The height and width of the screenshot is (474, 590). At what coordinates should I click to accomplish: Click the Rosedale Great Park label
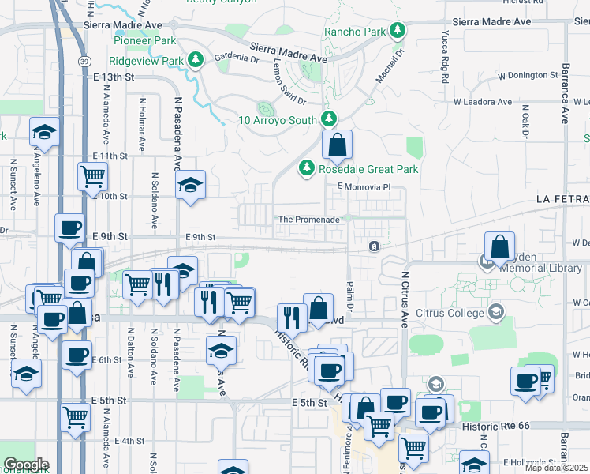click(368, 169)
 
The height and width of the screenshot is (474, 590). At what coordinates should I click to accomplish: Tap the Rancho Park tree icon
click(398, 32)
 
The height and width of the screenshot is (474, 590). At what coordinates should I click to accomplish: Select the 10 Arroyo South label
click(278, 121)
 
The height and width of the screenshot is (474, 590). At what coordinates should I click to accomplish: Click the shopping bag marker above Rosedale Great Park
click(337, 145)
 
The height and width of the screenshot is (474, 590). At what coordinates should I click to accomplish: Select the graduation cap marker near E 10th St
click(189, 186)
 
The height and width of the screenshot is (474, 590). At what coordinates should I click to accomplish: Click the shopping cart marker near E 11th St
click(93, 175)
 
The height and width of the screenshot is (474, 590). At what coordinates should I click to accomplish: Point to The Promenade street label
click(308, 219)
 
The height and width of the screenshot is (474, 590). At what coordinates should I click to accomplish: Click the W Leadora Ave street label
click(482, 102)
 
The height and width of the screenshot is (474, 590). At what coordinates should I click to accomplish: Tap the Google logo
click(26, 465)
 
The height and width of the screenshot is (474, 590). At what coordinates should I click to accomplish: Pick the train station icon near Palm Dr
click(374, 246)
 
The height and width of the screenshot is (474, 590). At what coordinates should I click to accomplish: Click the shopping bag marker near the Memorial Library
click(499, 247)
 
